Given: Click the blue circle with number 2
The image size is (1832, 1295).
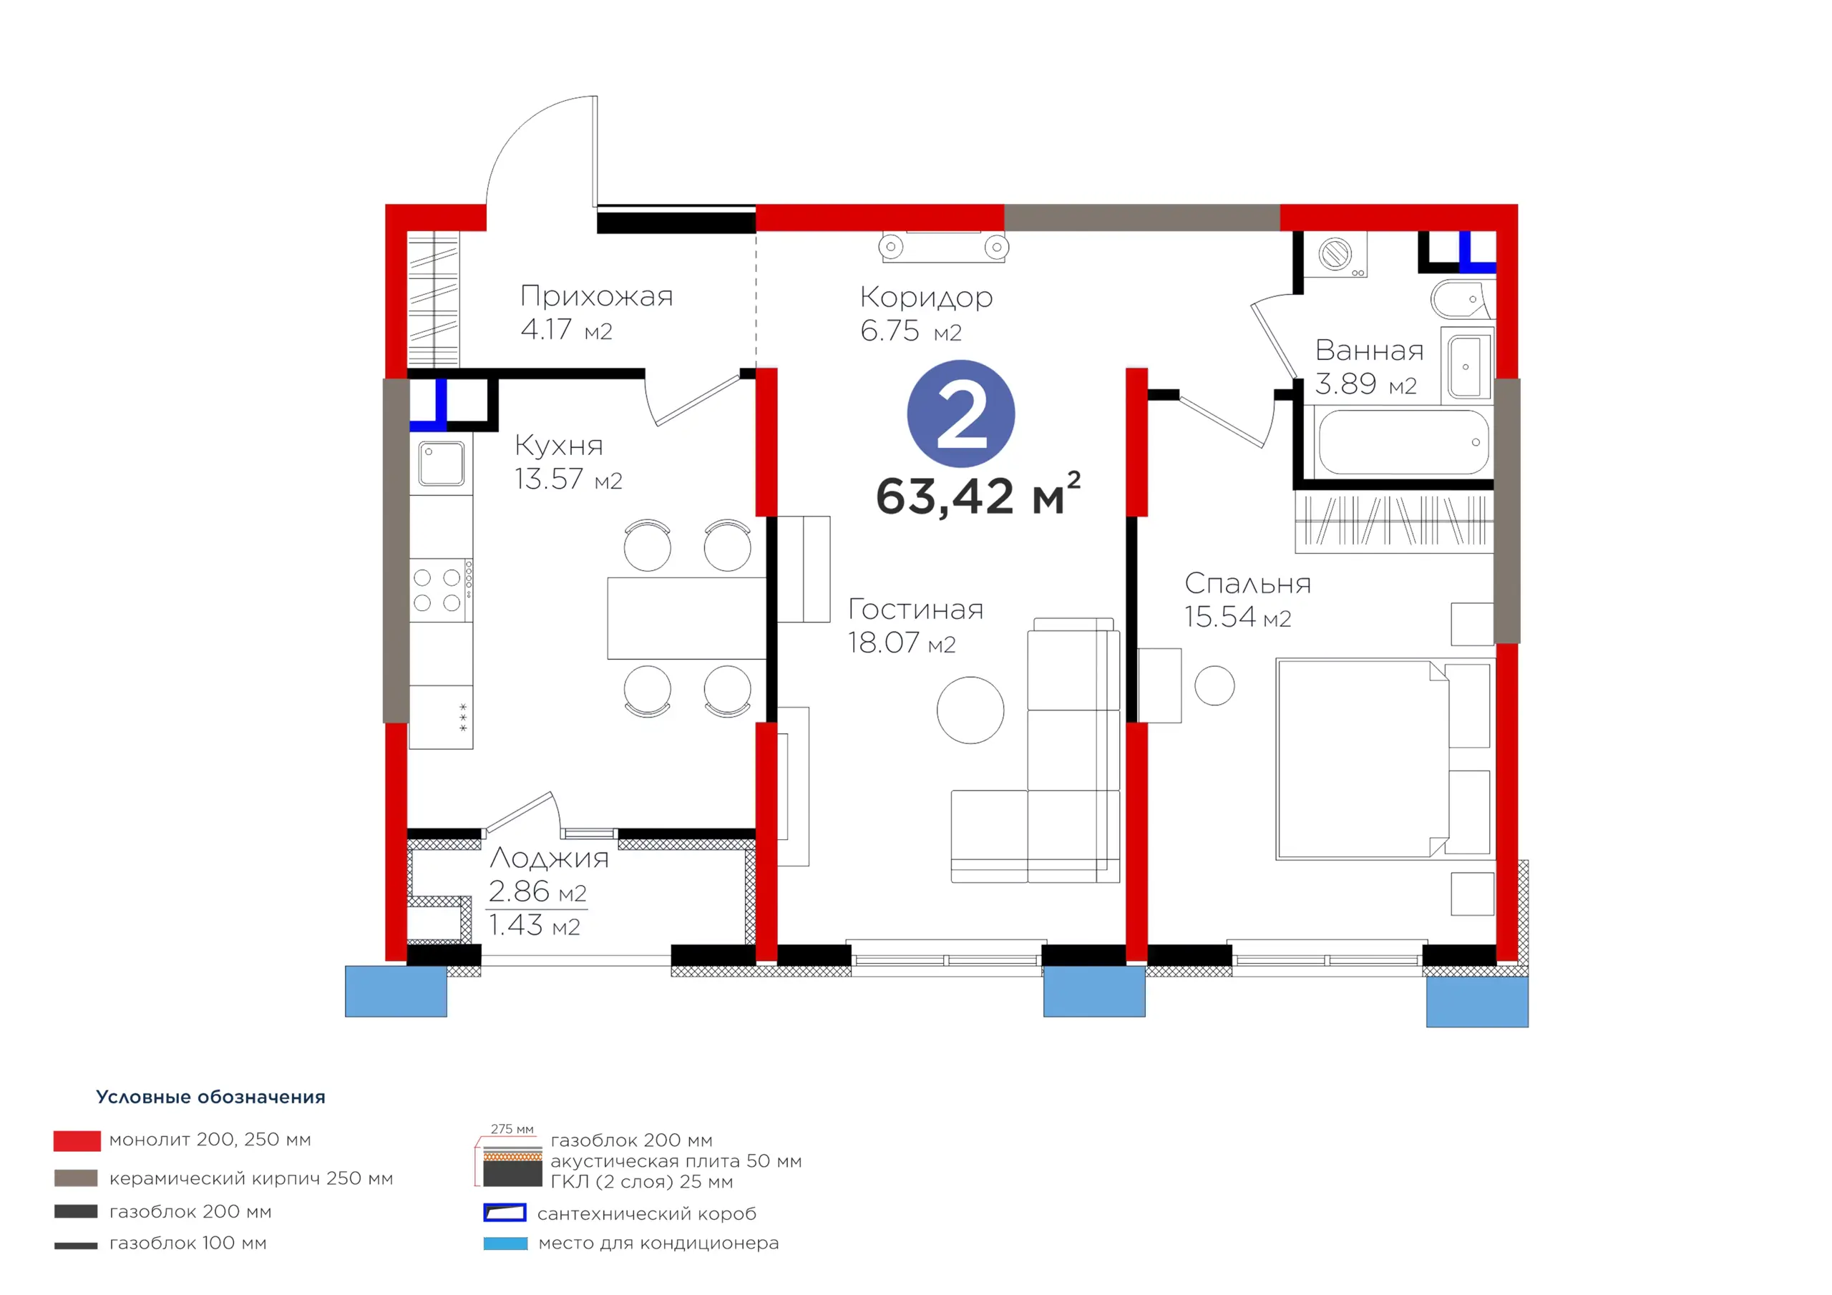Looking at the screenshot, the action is [x=960, y=414].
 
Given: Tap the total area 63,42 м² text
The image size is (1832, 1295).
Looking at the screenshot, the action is [x=978, y=494].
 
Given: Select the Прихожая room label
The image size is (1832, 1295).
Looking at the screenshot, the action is [x=597, y=296].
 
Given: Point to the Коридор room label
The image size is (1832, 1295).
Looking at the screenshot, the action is [x=926, y=298].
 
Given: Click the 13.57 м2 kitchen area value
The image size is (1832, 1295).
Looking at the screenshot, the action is [x=568, y=479].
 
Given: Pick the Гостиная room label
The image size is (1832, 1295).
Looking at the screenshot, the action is [x=915, y=609].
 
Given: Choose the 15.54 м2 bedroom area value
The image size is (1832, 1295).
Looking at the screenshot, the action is [x=1237, y=617].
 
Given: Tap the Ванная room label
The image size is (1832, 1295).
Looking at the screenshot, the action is [x=1369, y=351].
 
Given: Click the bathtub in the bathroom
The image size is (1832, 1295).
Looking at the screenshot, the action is [x=1403, y=442].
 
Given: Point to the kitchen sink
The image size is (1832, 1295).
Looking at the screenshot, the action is [x=442, y=464].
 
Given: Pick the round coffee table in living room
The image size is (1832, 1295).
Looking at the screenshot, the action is [x=970, y=710].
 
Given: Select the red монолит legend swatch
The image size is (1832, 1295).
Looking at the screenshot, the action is [x=77, y=1141].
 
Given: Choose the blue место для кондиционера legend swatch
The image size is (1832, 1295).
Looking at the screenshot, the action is [x=505, y=1243].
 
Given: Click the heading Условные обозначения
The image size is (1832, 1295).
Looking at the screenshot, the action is [x=210, y=1097].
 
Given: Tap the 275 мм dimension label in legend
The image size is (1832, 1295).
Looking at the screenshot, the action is [x=512, y=1129].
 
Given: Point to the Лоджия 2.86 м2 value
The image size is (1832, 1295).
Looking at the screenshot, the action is [x=537, y=891].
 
